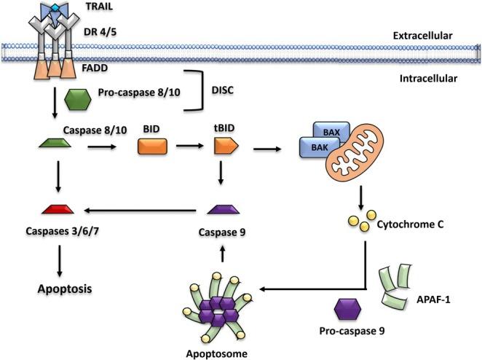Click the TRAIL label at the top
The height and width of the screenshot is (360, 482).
[x=99, y=7]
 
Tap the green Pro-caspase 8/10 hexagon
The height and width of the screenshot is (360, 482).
[x=78, y=100]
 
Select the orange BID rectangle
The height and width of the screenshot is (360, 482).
[x=152, y=146]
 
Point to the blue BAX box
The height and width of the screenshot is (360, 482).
[x=331, y=132]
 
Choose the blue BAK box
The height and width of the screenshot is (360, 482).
[x=320, y=147]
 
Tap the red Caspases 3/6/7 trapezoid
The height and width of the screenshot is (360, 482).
[x=58, y=209]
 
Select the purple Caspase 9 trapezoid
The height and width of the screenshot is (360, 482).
[x=224, y=209]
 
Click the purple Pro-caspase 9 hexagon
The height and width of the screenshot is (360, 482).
[x=348, y=309]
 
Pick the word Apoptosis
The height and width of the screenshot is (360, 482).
[x=65, y=289]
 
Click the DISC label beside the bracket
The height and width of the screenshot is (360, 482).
[x=223, y=90]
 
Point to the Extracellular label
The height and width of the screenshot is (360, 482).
[x=423, y=36]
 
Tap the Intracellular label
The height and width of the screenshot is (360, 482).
[x=428, y=79]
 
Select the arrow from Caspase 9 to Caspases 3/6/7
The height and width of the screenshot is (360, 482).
[x=141, y=211]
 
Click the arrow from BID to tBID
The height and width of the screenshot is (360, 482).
[x=189, y=146]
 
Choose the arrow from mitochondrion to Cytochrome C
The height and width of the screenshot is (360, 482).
[x=361, y=197]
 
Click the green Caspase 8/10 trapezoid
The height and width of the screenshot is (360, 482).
[x=55, y=143]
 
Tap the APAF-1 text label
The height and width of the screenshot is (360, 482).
[x=433, y=300]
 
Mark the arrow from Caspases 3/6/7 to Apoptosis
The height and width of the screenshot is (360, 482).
[x=60, y=261]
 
